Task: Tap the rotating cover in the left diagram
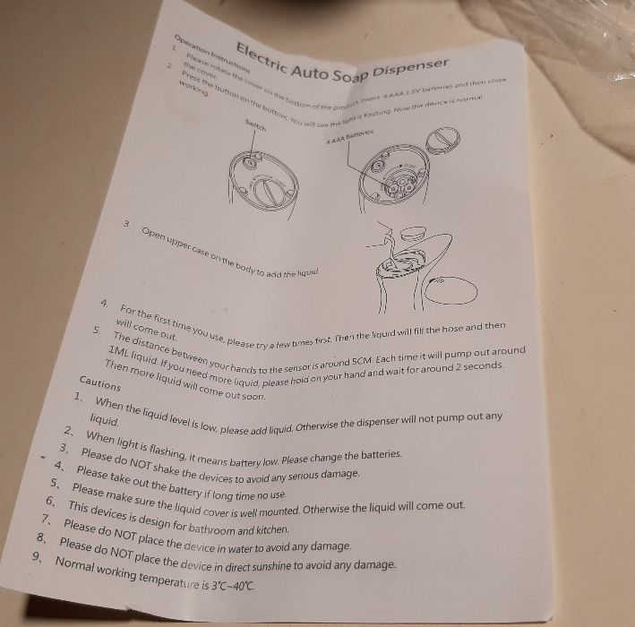click(x=270, y=191)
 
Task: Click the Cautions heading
click(x=100, y=380)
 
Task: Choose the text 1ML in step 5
click(x=119, y=351)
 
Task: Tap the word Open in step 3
click(x=156, y=235)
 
